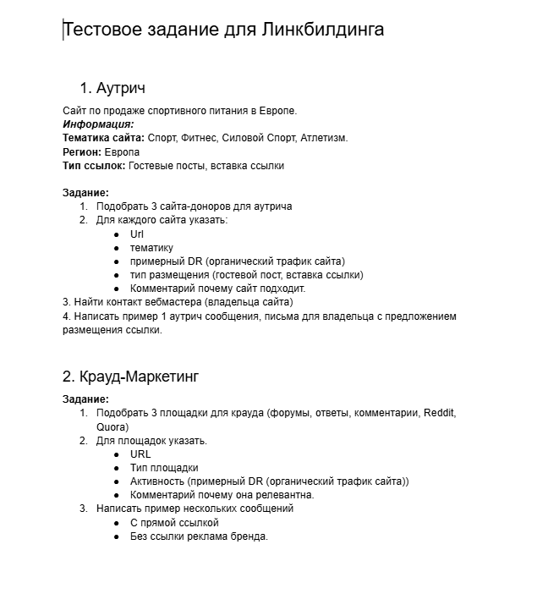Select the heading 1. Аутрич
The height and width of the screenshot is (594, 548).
point(112,88)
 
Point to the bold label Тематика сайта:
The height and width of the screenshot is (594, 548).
point(103,138)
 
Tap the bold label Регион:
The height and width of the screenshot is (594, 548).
point(82,151)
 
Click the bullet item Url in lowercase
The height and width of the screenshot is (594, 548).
point(137,234)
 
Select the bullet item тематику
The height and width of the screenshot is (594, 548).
point(151,248)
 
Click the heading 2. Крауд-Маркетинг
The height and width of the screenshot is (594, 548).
point(131,377)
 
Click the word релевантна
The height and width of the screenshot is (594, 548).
point(285,495)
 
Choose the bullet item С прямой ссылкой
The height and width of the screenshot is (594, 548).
point(174,522)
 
